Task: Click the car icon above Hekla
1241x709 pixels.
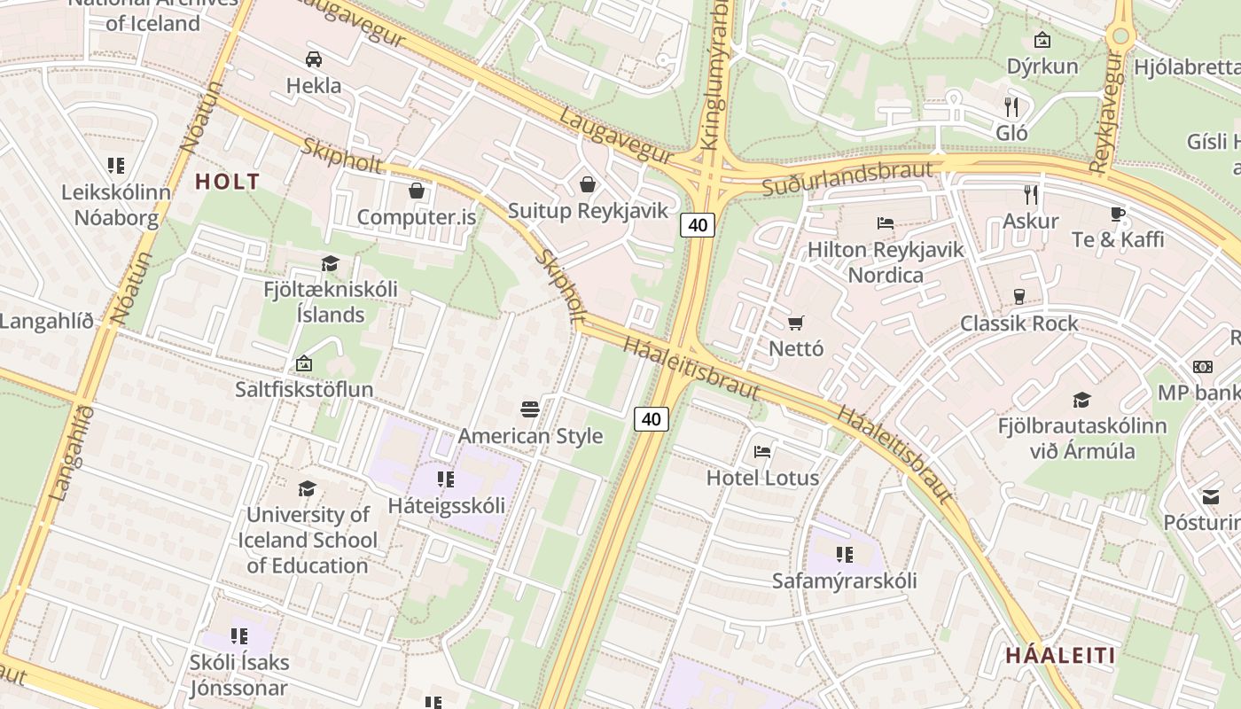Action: coord(313,59)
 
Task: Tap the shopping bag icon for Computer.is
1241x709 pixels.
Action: coord(416,191)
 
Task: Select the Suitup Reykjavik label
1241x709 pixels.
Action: coord(587,211)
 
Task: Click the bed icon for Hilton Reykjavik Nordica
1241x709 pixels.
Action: coord(885,223)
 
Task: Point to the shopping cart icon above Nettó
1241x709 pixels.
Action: coord(796,323)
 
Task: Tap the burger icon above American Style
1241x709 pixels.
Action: coord(530,409)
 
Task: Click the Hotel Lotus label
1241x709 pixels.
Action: coord(762,478)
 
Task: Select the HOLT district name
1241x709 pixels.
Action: coord(228,182)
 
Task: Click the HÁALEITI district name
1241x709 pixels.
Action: coord(1060,656)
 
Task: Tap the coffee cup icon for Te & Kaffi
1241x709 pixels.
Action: coord(1118,214)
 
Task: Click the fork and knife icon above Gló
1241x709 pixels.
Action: coord(1011,107)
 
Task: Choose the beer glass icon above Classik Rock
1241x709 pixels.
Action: coord(1019,296)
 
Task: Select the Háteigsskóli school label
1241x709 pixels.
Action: coord(447,505)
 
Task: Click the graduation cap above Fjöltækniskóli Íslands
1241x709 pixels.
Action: coord(331,263)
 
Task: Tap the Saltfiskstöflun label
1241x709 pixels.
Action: coord(304,389)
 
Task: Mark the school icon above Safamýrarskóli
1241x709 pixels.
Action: coord(844,555)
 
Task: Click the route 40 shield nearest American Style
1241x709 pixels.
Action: coord(652,418)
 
